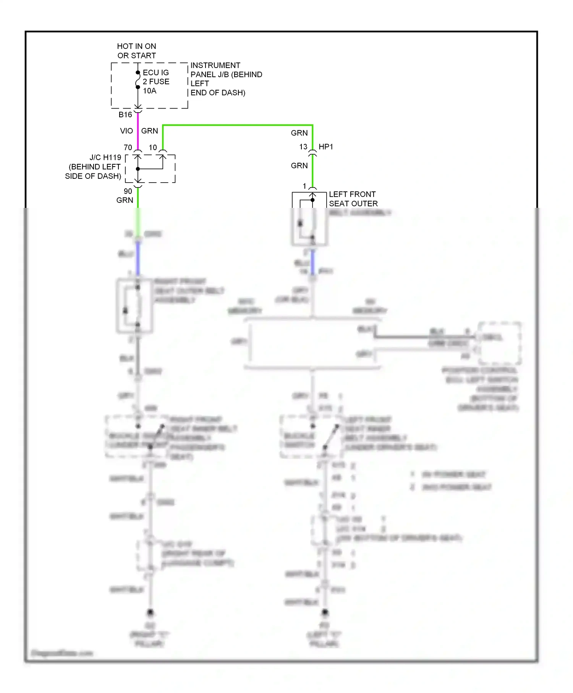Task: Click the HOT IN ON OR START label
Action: pyautogui.click(x=136, y=51)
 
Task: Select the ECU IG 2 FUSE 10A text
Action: pyautogui.click(x=156, y=81)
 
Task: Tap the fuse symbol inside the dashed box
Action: pyautogui.click(x=138, y=80)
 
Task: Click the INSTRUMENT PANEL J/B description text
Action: pyautogui.click(x=226, y=79)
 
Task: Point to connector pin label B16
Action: pyautogui.click(x=125, y=115)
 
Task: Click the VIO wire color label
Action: pyautogui.click(x=126, y=131)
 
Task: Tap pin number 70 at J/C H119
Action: pyautogui.click(x=128, y=147)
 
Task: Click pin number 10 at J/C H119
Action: pyautogui.click(x=153, y=147)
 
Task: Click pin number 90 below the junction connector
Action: pyautogui.click(x=128, y=191)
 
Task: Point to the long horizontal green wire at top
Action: pyautogui.click(x=237, y=125)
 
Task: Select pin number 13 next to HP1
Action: pyautogui.click(x=303, y=147)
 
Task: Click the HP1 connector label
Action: pyautogui.click(x=326, y=147)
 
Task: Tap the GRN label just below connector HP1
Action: pyautogui.click(x=299, y=166)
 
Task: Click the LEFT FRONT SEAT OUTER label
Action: pyautogui.click(x=353, y=199)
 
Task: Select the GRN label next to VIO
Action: pyautogui.click(x=149, y=131)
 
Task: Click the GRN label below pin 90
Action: pyautogui.click(x=125, y=200)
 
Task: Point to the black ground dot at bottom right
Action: pyautogui.click(x=325, y=612)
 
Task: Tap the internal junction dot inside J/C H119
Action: pyautogui.click(x=138, y=168)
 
